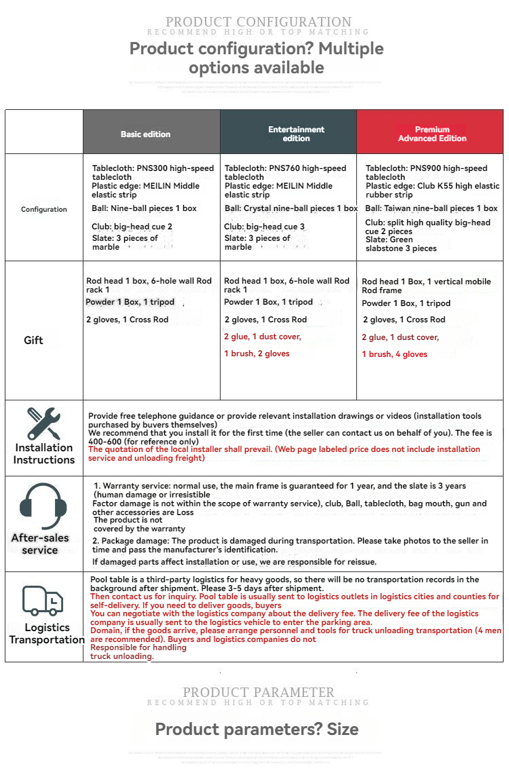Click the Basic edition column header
(145, 134)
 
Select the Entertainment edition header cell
(296, 134)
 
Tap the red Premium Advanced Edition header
(432, 134)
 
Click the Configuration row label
(44, 210)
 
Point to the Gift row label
(33, 340)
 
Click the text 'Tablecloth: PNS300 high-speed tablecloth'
(153, 172)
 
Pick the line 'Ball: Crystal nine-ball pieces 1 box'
(290, 208)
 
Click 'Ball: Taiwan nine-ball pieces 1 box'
(432, 208)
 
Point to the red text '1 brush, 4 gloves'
(394, 354)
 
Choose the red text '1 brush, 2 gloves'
(257, 354)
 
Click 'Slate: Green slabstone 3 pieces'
(401, 244)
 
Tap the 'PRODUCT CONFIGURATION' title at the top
(259, 22)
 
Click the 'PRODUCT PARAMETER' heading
(259, 693)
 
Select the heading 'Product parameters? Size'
(257, 730)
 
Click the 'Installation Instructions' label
(44, 453)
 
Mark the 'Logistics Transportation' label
(47, 633)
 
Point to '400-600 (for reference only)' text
(143, 441)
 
